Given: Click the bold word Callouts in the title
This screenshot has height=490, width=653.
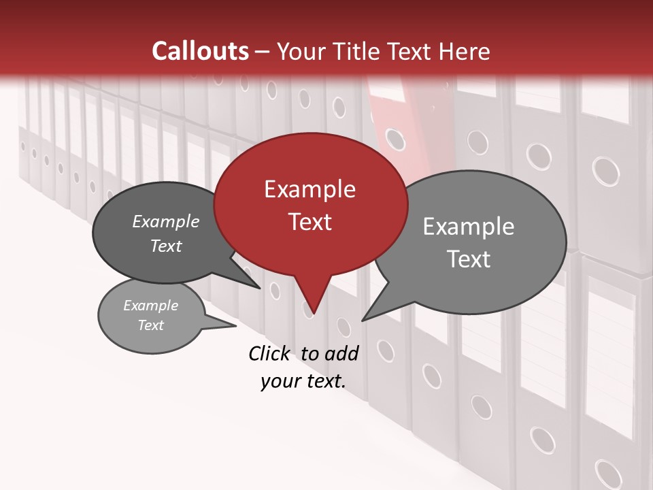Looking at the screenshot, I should click(200, 51).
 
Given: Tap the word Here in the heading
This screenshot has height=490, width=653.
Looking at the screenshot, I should click(465, 51).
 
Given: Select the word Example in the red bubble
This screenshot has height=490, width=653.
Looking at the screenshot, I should click(309, 189).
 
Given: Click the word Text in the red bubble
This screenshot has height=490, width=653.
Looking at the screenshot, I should click(309, 222).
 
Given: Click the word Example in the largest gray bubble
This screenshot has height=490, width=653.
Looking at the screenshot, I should click(469, 227).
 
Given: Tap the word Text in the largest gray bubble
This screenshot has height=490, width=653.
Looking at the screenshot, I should click(469, 259).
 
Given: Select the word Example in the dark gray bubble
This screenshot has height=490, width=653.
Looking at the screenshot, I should click(166, 221).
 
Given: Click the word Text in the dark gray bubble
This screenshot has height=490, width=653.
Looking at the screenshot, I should click(166, 246).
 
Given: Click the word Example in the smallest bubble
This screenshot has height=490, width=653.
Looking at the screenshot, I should click(150, 306).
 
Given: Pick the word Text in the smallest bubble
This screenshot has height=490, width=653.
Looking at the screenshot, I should click(150, 325).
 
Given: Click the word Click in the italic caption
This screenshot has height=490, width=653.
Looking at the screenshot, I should click(269, 353).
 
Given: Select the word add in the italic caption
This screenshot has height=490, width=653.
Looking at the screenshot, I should click(342, 353).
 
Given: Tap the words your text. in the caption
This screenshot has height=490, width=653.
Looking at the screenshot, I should click(303, 381).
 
